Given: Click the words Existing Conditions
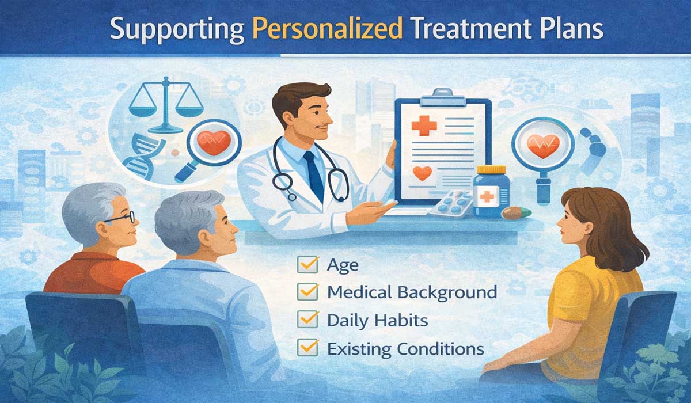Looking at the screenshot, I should tap(405, 348).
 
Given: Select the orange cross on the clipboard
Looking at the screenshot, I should tap(424, 124).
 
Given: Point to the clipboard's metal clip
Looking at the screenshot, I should tap(443, 96).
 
